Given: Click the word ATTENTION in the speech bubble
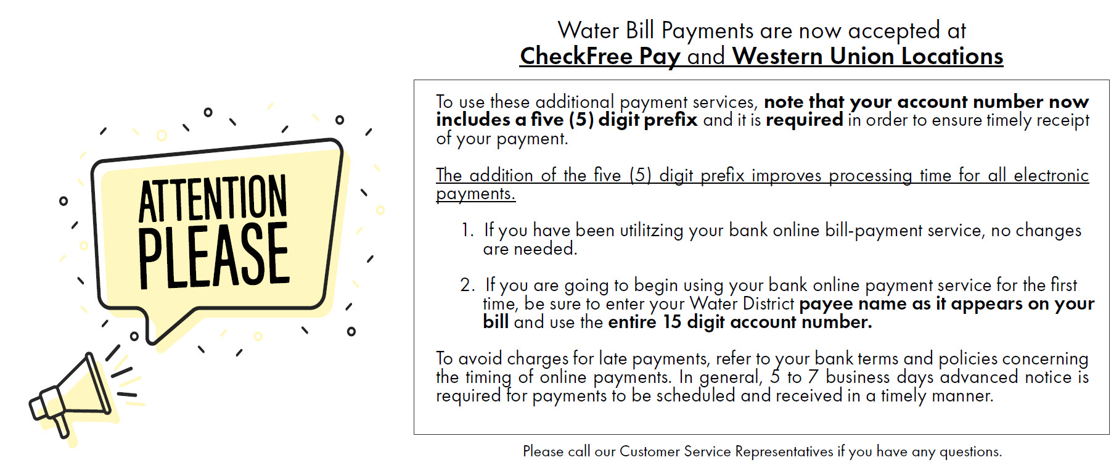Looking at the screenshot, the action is tap(213, 198).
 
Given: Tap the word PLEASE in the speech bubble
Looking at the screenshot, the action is tap(213, 255).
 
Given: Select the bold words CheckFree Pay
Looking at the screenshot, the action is tap(600, 56).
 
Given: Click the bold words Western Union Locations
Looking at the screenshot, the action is tap(868, 56).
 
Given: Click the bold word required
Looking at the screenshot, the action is tap(804, 120).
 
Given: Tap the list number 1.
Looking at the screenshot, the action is tap(467, 230).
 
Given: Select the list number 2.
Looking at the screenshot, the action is tap(467, 285).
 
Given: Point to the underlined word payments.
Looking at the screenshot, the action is tap(475, 194).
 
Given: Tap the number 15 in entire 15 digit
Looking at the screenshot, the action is tap(672, 322).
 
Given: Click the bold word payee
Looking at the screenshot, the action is tap(826, 305).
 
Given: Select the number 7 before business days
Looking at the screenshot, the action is tap(813, 377).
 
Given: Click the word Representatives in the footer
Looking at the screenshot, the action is tap(784, 451).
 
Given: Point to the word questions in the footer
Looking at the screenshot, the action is tap(970, 452).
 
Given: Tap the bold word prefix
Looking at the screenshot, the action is tap(670, 120).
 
